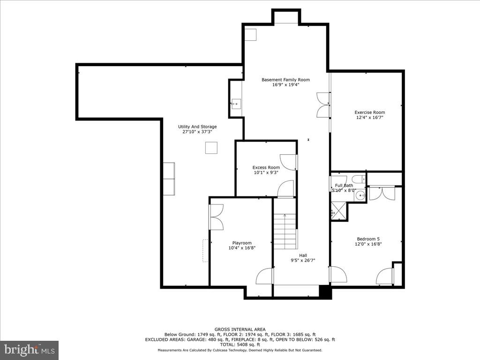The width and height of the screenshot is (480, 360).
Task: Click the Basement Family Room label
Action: [x=285, y=80]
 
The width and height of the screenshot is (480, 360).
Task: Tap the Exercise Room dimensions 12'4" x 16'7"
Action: [x=369, y=118]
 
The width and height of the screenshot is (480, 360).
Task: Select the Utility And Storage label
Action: [x=197, y=127]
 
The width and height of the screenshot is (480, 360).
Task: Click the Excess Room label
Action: [x=266, y=167]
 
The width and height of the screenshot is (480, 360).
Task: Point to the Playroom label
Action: [x=242, y=243]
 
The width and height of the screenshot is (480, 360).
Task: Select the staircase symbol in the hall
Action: [x=285, y=232]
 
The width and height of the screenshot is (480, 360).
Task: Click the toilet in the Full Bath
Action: [x=359, y=180]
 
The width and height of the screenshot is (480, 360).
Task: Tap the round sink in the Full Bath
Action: [x=360, y=195]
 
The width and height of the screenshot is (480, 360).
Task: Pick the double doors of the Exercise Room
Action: [x=323, y=105]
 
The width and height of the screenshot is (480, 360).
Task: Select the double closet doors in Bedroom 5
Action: [x=382, y=193]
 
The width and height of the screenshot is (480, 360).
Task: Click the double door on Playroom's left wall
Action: [x=216, y=217]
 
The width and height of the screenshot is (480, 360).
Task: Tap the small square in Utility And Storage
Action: [x=211, y=148]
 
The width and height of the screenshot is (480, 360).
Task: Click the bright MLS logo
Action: [x=29, y=350]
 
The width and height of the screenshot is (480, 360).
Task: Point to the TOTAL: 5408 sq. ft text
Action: [x=240, y=345]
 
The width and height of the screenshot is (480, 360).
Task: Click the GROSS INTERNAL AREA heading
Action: [x=240, y=329]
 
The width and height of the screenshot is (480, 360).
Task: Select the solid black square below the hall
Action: [x=325, y=291]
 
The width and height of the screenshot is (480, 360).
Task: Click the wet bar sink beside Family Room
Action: [x=236, y=104]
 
